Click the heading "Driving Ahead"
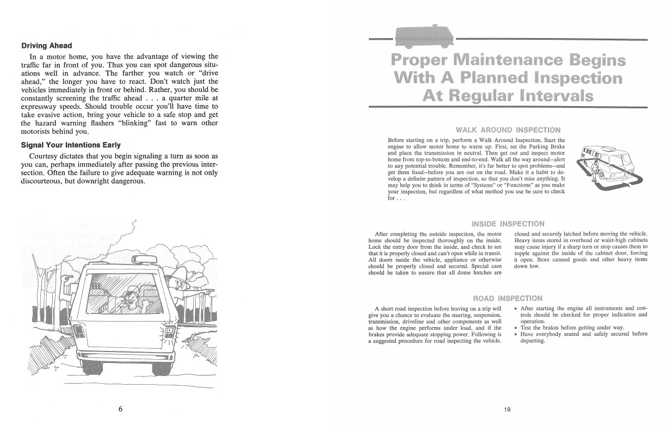46,45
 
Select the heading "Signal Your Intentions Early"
71,145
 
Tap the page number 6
120,409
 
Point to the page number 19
507,410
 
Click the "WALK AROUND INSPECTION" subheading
508,130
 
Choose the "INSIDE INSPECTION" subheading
508,224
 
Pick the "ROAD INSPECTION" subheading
508,298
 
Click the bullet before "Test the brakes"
516,328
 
